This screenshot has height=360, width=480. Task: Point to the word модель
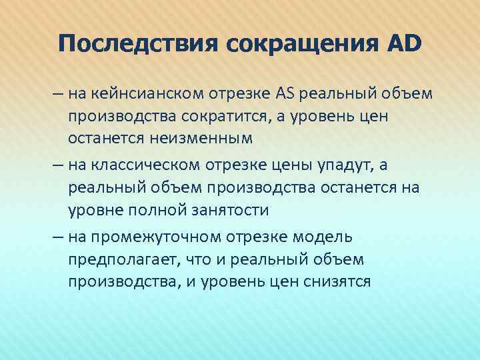coord(322,237)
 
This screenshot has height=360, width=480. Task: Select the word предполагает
coord(122,259)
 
